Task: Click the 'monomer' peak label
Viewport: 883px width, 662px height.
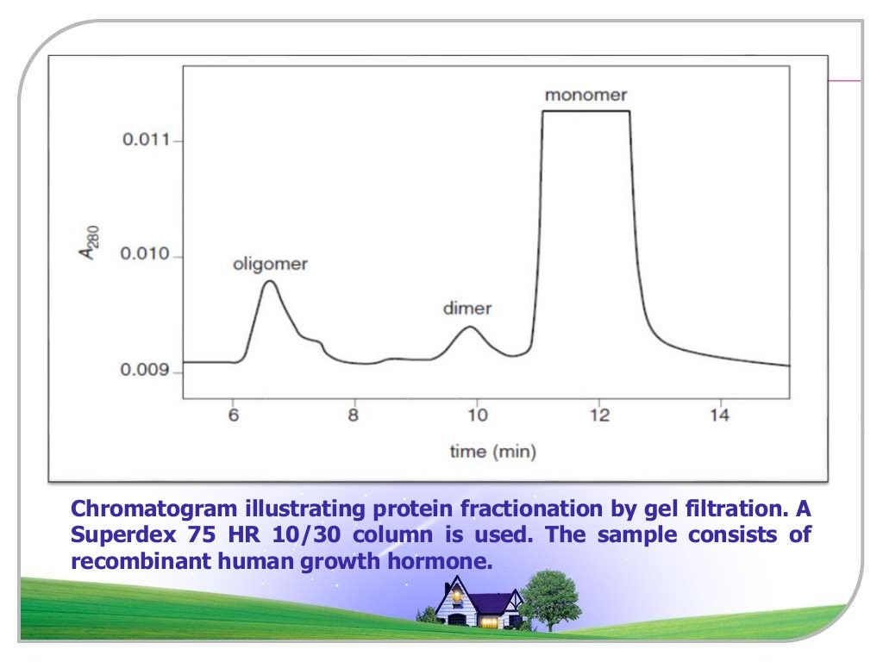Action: click(586, 95)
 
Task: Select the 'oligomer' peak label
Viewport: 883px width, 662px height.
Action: click(270, 265)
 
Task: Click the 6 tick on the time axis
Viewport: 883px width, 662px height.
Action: click(233, 416)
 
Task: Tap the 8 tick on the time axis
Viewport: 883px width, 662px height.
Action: click(354, 416)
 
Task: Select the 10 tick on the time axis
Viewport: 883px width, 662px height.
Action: click(477, 416)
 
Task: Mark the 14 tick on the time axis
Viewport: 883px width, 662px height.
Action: click(721, 416)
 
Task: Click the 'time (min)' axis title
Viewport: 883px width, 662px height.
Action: click(492, 452)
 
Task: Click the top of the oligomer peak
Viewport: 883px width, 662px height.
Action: click(270, 281)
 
